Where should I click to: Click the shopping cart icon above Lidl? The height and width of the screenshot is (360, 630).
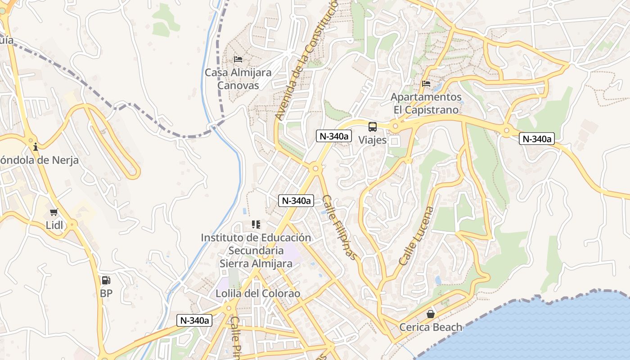coord(54,212)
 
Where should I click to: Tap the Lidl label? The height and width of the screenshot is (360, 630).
coord(54,225)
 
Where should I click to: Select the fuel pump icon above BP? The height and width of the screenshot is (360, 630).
coord(106,280)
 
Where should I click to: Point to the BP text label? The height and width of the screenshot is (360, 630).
coord(106,293)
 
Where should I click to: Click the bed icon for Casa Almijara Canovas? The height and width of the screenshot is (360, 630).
coord(238,59)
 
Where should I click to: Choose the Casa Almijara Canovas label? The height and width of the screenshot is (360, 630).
coord(238,79)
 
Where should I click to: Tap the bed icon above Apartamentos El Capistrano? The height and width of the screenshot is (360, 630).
coord(426,84)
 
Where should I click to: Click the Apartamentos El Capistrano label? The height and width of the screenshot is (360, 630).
coord(426,103)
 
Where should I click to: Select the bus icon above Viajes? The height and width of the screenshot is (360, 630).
coord(373,126)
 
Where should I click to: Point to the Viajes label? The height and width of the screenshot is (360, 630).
coord(373,140)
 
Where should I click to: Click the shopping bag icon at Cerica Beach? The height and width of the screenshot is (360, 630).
coord(431,314)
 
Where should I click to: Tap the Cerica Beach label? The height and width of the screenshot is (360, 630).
coord(431,327)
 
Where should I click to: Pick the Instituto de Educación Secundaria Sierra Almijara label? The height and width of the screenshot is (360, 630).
coord(256,250)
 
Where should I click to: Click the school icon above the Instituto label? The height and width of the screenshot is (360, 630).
coord(256,224)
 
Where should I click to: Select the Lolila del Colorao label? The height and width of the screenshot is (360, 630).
coord(258,293)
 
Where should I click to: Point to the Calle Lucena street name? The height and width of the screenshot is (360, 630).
coord(417,236)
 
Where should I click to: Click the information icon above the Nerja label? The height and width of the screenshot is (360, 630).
coord(36,147)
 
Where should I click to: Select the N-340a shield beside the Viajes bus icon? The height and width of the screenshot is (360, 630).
coord(333,136)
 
